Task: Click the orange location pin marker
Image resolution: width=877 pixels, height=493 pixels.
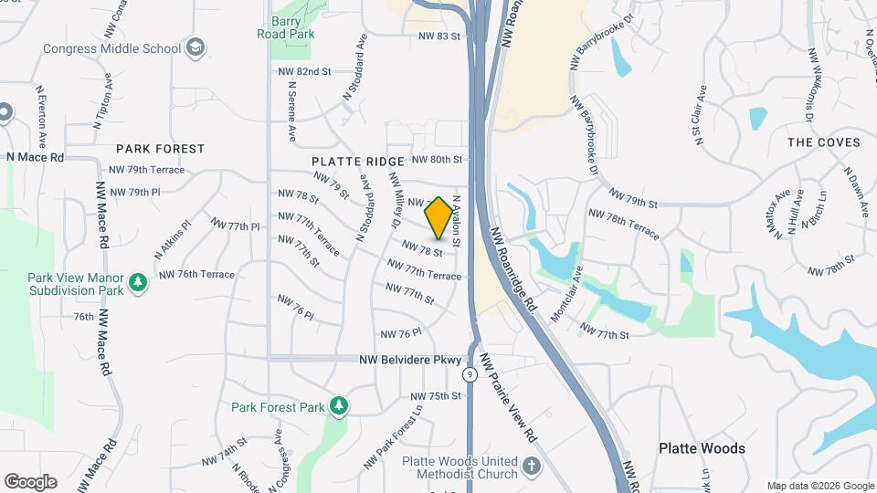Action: pyautogui.click(x=438, y=217)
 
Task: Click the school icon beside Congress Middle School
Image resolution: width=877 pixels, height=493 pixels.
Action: pyautogui.click(x=195, y=47)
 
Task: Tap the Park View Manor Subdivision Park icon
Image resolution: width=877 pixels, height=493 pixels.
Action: pyautogui.click(x=138, y=282)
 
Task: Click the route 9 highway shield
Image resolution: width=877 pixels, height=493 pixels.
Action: pyautogui.click(x=469, y=373)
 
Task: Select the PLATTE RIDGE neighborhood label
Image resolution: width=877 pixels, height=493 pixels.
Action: pyautogui.click(x=357, y=162)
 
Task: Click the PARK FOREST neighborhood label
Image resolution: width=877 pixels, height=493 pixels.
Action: pyautogui.click(x=160, y=148)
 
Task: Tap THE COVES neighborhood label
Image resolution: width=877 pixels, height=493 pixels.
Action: pyautogui.click(x=824, y=142)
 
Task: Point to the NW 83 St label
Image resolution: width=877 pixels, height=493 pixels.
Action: pyautogui.click(x=439, y=36)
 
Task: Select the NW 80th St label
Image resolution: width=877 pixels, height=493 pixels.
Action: pyautogui.click(x=438, y=159)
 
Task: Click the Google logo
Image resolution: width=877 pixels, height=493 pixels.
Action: pyautogui.click(x=30, y=482)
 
